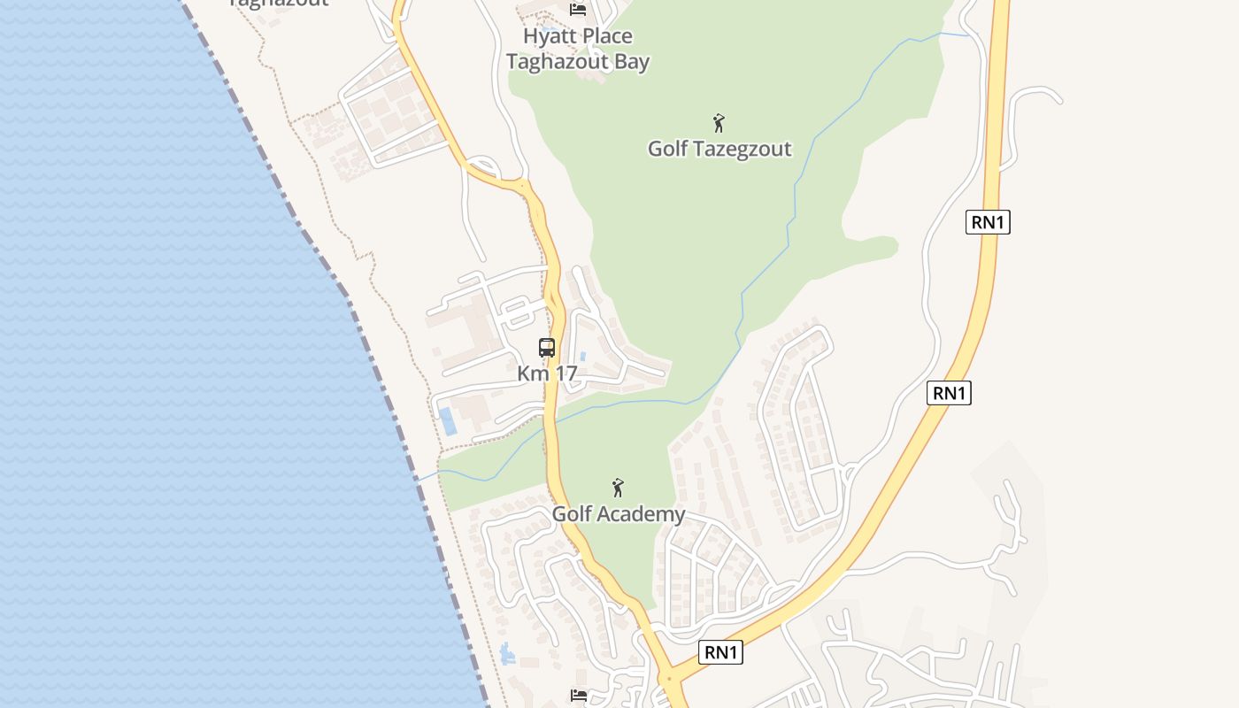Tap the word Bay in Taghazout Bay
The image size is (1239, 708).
[x=630, y=62]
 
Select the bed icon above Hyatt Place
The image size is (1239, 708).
[x=578, y=9]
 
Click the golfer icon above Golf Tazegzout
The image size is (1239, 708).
[x=719, y=123]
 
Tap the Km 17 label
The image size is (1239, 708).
[x=547, y=373]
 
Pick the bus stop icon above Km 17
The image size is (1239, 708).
[x=547, y=348]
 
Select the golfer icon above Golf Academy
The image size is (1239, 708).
[x=618, y=488]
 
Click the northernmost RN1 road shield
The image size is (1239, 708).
[x=988, y=222]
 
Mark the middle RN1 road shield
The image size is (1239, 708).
[x=949, y=393]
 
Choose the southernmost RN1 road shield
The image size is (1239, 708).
[x=720, y=653]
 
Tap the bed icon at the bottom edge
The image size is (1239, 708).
[x=579, y=696]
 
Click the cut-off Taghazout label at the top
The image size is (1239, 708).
[x=278, y=3]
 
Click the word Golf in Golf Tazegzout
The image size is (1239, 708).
[x=667, y=149]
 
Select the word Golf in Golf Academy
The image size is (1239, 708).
[x=572, y=514]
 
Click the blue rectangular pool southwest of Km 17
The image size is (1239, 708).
[x=448, y=421]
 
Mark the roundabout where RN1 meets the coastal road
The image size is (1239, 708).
[x=669, y=680]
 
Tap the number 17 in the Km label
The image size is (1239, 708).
[x=565, y=373]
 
